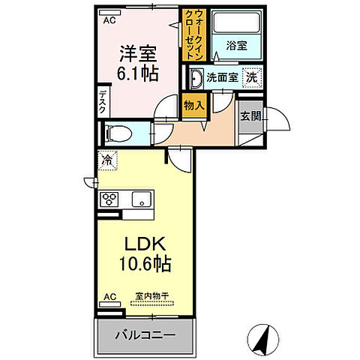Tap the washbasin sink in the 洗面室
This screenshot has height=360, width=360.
[196, 76]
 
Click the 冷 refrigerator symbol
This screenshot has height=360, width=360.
[107, 159]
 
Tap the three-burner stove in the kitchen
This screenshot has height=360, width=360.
[110, 199]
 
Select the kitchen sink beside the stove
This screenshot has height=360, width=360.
[141, 199]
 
